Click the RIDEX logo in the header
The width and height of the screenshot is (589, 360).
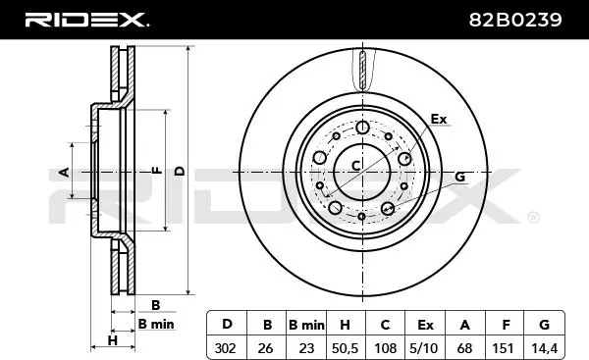pyautogui.click(x=86, y=20)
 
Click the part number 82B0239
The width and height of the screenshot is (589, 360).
pyautogui.click(x=515, y=20)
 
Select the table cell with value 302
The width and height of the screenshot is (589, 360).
pyautogui.click(x=227, y=348)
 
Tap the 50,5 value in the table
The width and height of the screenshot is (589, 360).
pyautogui.click(x=345, y=348)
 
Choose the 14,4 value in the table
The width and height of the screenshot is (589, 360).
pyautogui.click(x=544, y=348)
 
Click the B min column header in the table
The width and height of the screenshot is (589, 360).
pyautogui.click(x=306, y=325)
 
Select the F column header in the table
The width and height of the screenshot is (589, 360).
pyautogui.click(x=506, y=325)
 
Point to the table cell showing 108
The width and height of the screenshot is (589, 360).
pyautogui.click(x=385, y=348)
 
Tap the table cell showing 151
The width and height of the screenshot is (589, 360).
pyautogui.click(x=505, y=348)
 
